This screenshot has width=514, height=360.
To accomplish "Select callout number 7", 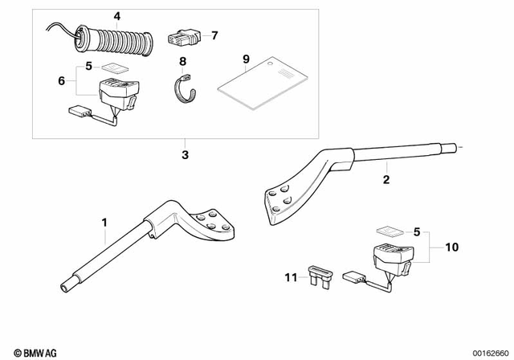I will [x=214, y=35].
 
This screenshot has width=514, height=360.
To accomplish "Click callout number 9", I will [x=247, y=58].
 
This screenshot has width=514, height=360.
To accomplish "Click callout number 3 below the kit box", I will [x=185, y=153].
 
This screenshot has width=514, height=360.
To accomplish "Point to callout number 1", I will [x=103, y=221].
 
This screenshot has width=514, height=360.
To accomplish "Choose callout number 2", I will [x=385, y=180].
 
